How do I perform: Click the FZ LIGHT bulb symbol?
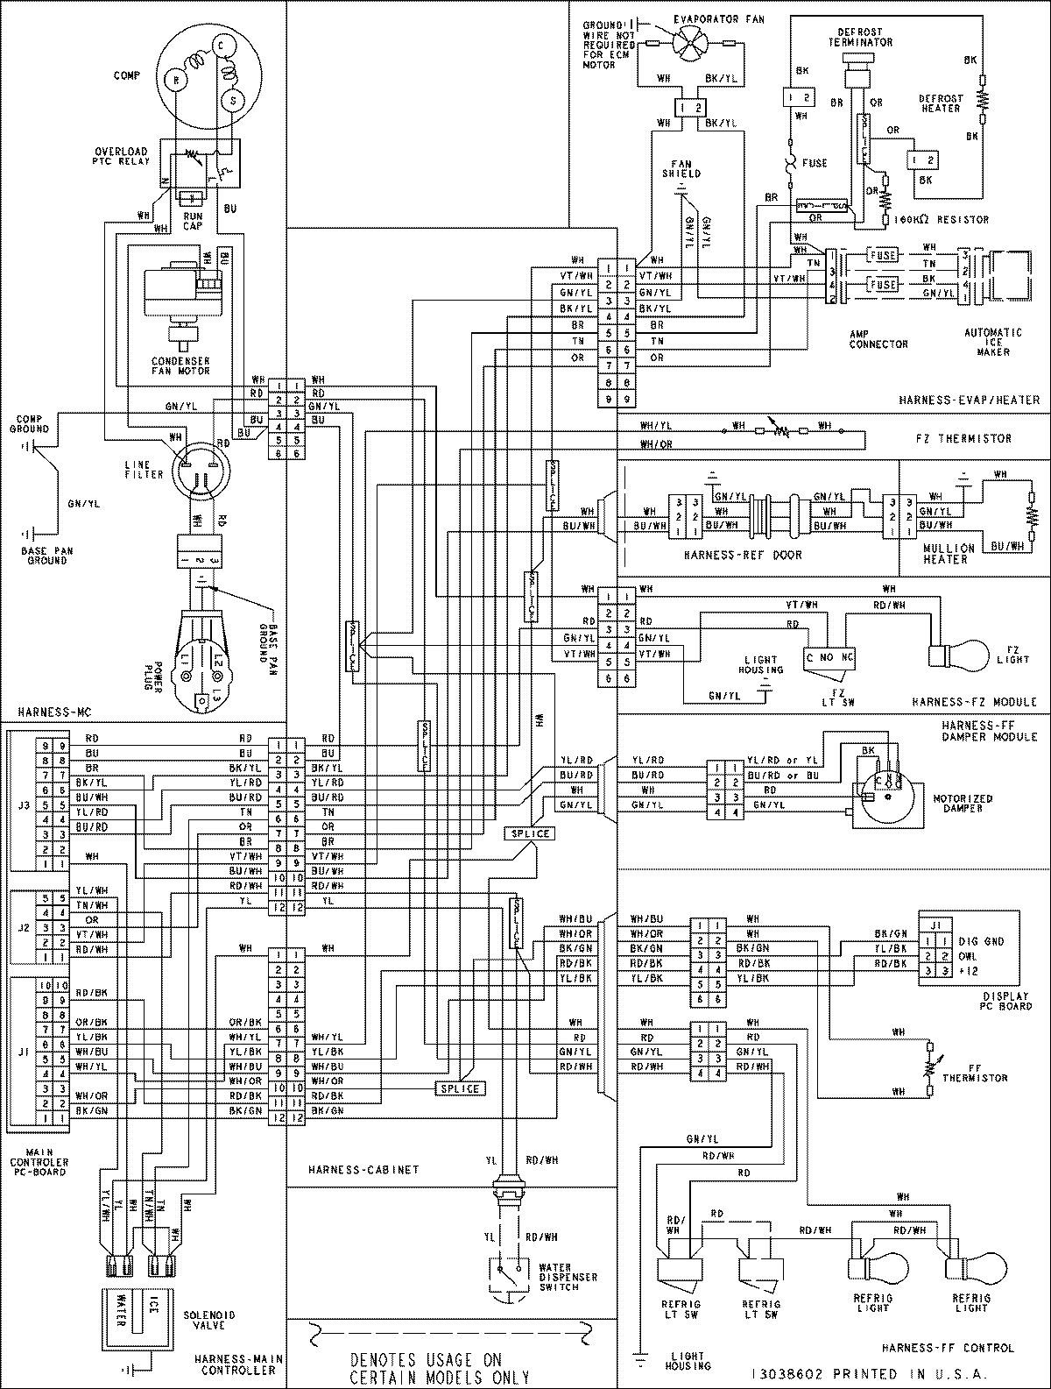(942, 654)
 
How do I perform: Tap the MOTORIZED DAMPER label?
(963, 804)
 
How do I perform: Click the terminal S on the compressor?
(232, 101)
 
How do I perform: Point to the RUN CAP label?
(193, 220)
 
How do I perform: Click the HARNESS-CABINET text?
(363, 1169)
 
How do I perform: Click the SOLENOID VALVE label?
(210, 1321)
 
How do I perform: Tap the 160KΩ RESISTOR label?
(942, 219)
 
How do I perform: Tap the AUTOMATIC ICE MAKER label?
(992, 343)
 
